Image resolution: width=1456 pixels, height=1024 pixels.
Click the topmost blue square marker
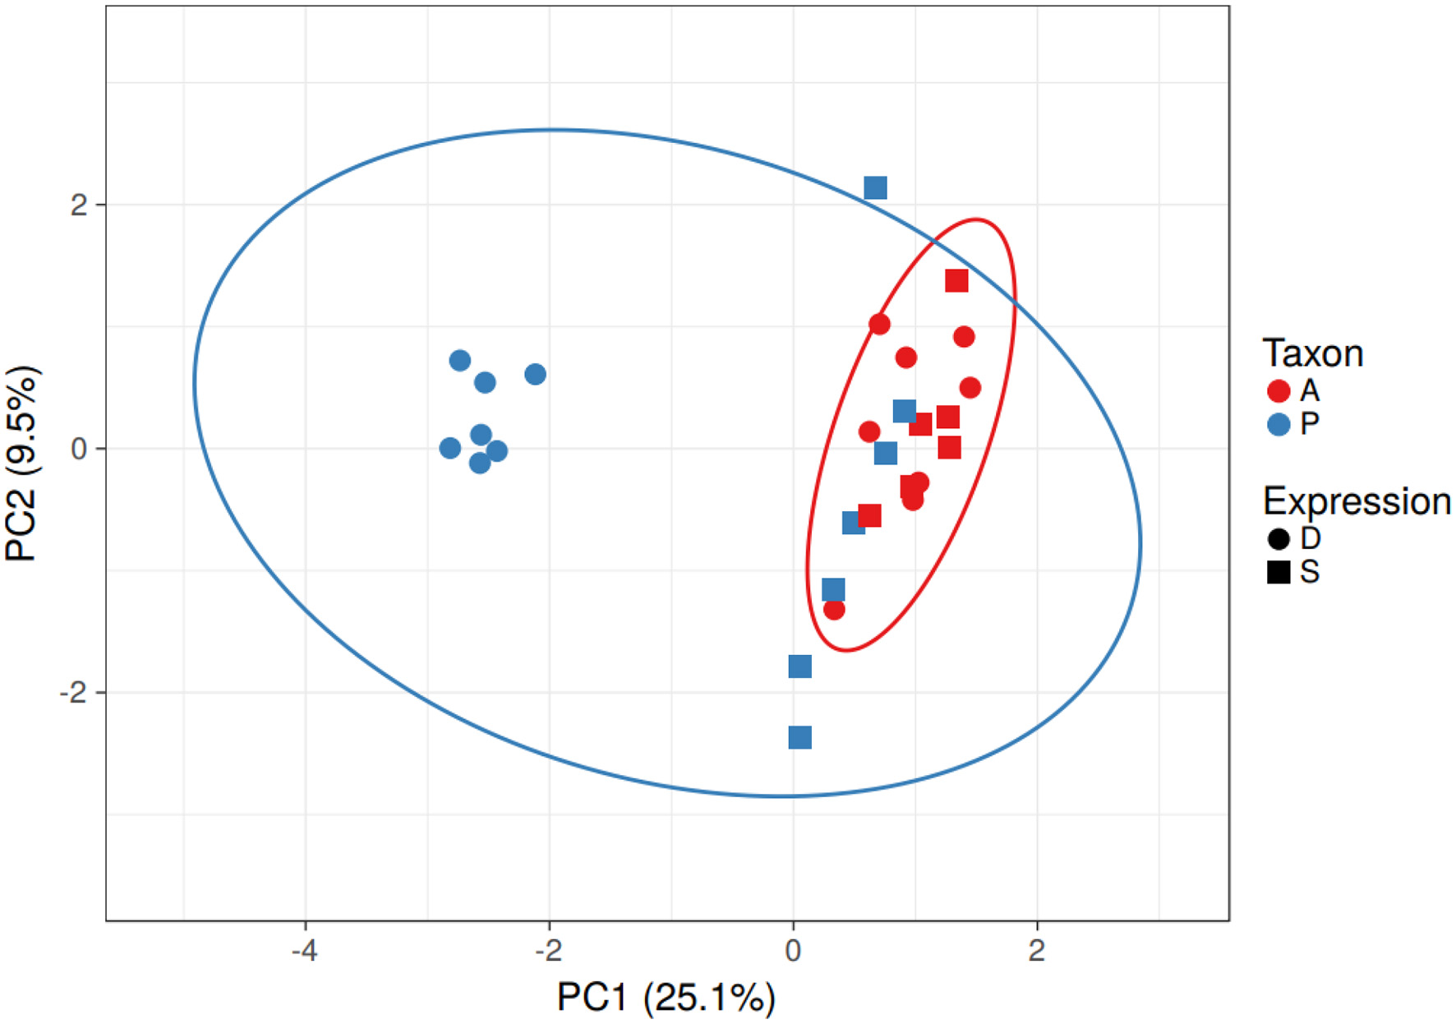875,188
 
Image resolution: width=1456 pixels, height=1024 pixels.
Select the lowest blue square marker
799,737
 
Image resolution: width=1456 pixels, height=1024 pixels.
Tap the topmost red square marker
956,281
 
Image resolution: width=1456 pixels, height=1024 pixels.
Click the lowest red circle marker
834,610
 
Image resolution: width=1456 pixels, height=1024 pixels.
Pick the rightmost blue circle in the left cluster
535,375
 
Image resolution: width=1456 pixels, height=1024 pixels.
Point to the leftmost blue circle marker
449,448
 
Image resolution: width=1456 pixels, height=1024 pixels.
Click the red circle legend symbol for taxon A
1279,390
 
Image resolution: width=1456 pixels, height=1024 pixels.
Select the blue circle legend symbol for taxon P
1279,424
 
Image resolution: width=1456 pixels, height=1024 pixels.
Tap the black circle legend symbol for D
1279,539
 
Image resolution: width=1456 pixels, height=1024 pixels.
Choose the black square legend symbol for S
1279,572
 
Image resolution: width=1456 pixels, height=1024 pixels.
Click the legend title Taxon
1312,353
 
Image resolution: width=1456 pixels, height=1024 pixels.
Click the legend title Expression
1356,501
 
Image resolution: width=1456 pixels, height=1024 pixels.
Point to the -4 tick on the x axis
305,951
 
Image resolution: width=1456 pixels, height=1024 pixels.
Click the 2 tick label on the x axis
1036,951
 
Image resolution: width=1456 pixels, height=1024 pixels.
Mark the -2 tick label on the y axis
74,693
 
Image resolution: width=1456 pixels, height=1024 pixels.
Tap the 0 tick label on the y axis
79,449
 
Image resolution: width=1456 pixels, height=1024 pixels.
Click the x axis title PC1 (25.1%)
666,998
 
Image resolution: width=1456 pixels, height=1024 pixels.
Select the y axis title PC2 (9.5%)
22,464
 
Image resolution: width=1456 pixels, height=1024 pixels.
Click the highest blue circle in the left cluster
460,361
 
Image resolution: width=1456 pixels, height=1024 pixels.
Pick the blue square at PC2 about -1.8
799,667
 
